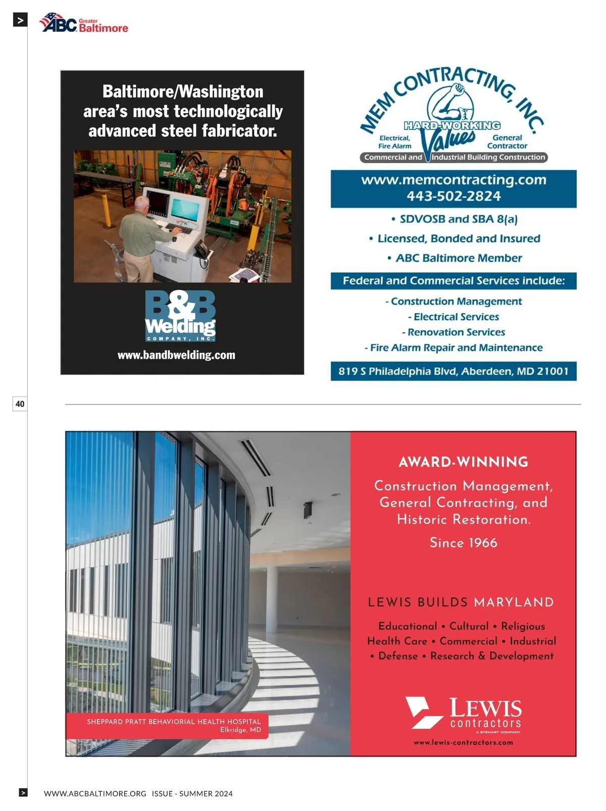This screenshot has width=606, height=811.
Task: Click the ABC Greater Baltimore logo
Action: (x=84, y=23)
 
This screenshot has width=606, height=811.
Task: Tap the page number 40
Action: (x=20, y=404)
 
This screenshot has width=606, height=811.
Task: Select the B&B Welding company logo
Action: (x=180, y=316)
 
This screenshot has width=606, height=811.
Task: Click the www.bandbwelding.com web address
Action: (x=176, y=355)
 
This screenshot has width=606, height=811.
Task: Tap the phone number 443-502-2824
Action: (x=453, y=196)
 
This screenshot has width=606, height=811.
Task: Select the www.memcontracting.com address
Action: (x=453, y=180)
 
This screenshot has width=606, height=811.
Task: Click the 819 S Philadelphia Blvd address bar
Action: (x=453, y=371)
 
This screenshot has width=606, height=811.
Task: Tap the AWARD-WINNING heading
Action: (x=463, y=462)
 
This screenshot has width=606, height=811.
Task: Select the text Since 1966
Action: (x=463, y=543)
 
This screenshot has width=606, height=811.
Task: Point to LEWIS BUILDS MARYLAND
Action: (x=461, y=602)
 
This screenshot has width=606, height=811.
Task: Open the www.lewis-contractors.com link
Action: (x=463, y=742)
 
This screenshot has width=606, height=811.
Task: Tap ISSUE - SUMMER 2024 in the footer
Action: (x=192, y=793)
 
